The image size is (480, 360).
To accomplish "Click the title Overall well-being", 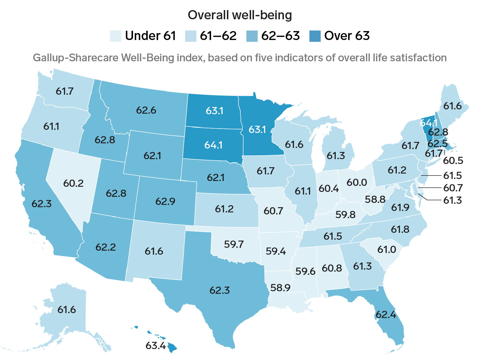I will [x=240, y=15].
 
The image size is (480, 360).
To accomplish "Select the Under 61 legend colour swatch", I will [x=115, y=36].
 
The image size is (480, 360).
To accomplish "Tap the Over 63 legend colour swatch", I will [x=315, y=36].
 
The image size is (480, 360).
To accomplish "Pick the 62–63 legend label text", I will [x=280, y=36].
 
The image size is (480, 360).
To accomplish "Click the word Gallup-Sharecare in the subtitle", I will [x=76, y=58].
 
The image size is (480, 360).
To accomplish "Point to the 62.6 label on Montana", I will [x=146, y=111].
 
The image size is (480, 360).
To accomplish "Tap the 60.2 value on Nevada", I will [x=73, y=183].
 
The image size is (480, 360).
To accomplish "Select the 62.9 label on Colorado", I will [x=165, y=201].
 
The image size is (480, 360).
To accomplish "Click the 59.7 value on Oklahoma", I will [x=234, y=245].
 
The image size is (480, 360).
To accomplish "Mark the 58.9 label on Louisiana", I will [x=280, y=287].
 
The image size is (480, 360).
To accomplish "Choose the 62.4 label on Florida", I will [x=386, y=315].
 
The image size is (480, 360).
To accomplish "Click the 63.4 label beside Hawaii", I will [x=156, y=345].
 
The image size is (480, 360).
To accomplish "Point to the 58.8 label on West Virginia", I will [x=375, y=199].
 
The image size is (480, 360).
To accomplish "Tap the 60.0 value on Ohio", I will [x=357, y=182].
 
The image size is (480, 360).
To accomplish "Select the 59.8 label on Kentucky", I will [x=346, y=215].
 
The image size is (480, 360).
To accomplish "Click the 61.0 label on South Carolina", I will [x=387, y=249].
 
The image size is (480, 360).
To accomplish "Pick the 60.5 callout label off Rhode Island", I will [x=453, y=161].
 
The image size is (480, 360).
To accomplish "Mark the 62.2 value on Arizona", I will [x=106, y=247].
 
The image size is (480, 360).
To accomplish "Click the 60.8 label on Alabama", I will [x=332, y=268].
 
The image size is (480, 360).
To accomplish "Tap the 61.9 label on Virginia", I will [x=400, y=207].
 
